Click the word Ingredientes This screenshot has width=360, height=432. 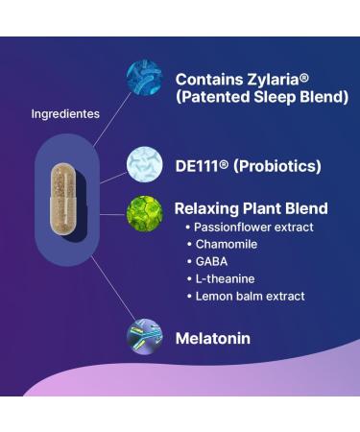point(65,114)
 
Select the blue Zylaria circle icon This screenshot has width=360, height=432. point(145,80)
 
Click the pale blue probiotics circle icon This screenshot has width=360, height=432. point(145,165)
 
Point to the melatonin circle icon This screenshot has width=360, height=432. point(145,337)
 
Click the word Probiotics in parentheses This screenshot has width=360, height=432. point(277,166)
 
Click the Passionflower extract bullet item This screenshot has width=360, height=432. point(253,228)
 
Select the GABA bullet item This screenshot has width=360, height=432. point(211,261)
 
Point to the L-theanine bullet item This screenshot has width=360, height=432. point(227,278)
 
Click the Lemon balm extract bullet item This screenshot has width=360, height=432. point(250,296)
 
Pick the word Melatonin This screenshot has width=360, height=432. point(212,338)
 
